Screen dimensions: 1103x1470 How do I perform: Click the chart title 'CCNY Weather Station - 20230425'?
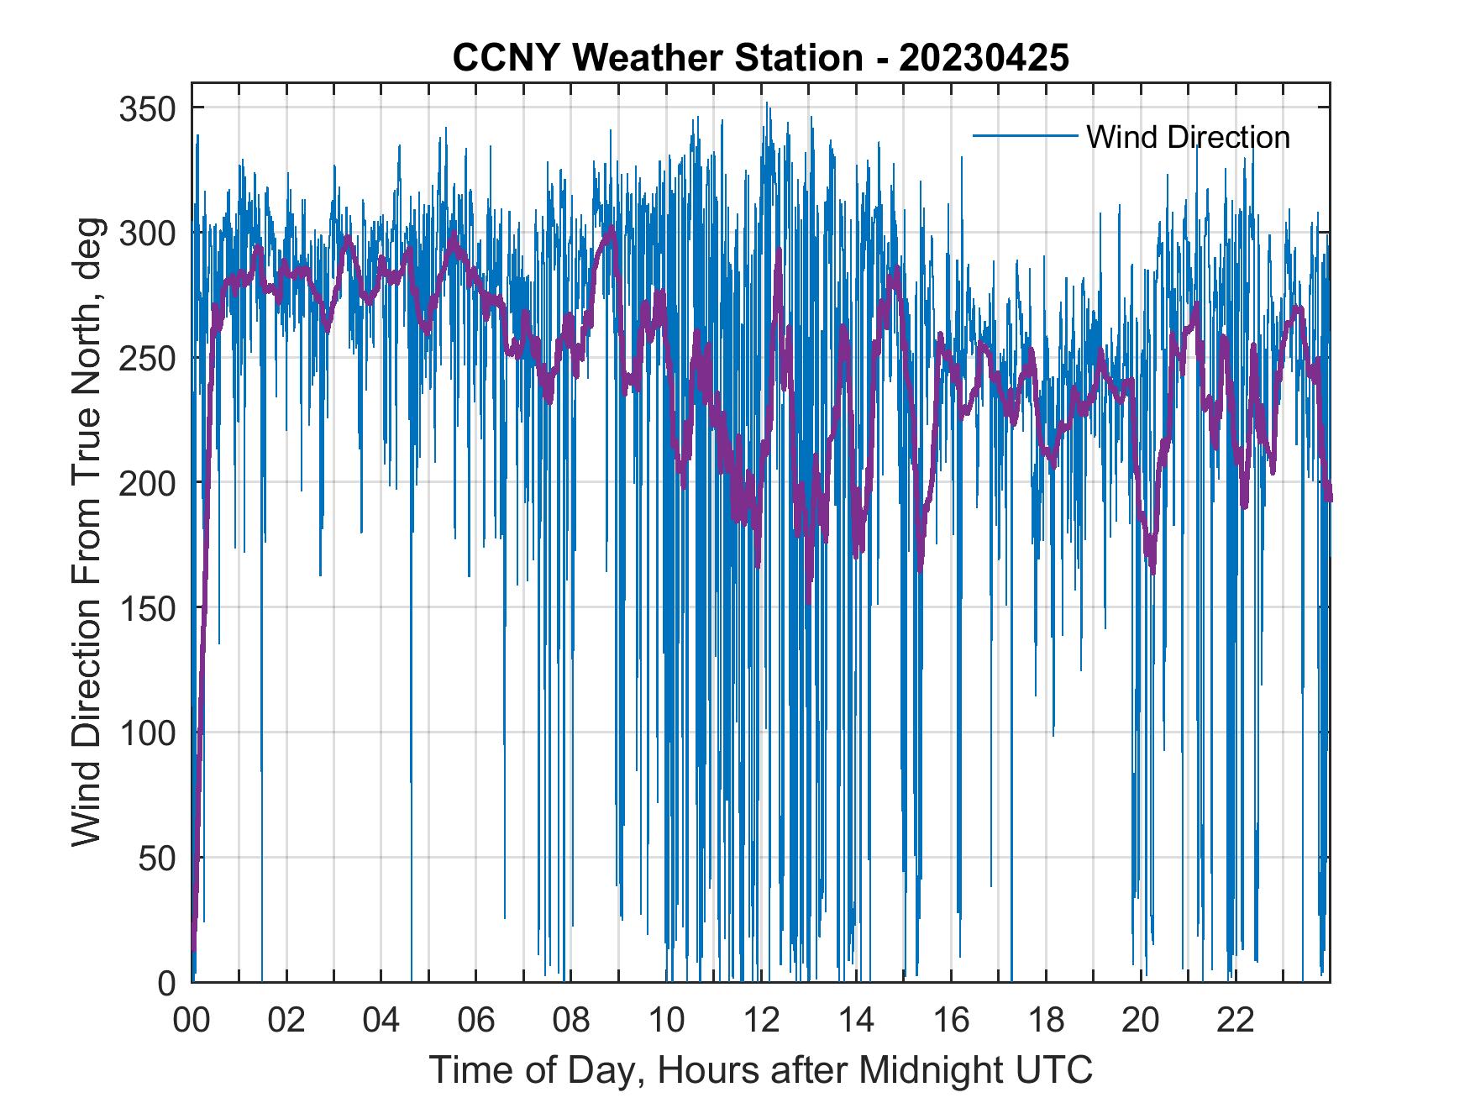tap(760, 58)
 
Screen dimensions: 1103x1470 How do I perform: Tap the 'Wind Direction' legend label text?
tap(1188, 137)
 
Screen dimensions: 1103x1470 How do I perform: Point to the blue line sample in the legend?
tap(1024, 135)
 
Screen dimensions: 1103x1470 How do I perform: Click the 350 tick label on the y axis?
tap(147, 108)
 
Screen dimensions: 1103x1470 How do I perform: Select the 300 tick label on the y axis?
tap(147, 233)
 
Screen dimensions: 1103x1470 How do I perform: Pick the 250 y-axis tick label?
tap(147, 358)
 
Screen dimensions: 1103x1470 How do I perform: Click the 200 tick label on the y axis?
tap(147, 483)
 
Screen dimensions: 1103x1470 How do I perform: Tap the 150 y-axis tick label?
tap(147, 608)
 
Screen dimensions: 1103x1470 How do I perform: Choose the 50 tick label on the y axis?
tap(156, 858)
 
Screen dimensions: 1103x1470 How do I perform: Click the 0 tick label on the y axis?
tap(166, 983)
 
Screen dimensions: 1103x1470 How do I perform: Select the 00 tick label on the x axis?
tap(192, 1022)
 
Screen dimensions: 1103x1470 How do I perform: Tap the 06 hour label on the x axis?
tap(476, 1022)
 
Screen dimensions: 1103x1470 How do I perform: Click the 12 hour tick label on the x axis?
tap(761, 1022)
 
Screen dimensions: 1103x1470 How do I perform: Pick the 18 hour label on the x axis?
tap(1046, 1022)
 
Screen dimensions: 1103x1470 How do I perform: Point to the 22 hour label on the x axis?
tap(1236, 1022)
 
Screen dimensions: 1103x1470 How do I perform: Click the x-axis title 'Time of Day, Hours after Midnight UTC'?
tap(760, 1070)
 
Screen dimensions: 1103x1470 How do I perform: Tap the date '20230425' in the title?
tap(984, 58)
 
